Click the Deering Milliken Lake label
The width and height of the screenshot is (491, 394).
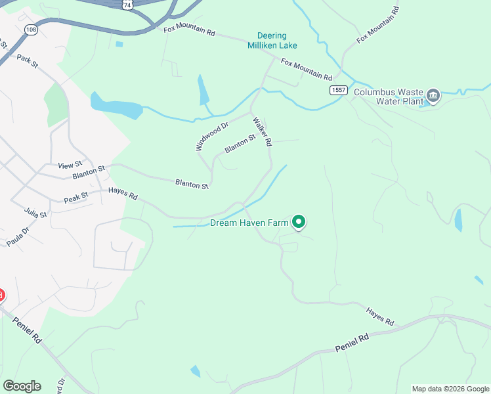[x=272, y=41]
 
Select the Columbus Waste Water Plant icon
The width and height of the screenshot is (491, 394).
[x=433, y=96]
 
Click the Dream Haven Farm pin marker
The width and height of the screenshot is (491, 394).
[x=299, y=223]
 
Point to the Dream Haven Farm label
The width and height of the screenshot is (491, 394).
[x=249, y=223]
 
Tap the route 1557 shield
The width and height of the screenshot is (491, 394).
[x=338, y=90]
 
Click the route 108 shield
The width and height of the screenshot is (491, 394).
[x=30, y=30]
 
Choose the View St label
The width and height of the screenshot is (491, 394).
[x=70, y=165]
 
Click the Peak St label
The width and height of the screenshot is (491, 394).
[x=76, y=197]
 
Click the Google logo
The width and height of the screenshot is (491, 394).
[x=22, y=385]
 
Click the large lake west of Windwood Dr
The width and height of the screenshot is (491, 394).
[x=116, y=106]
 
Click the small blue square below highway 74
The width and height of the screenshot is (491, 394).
[x=119, y=45]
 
